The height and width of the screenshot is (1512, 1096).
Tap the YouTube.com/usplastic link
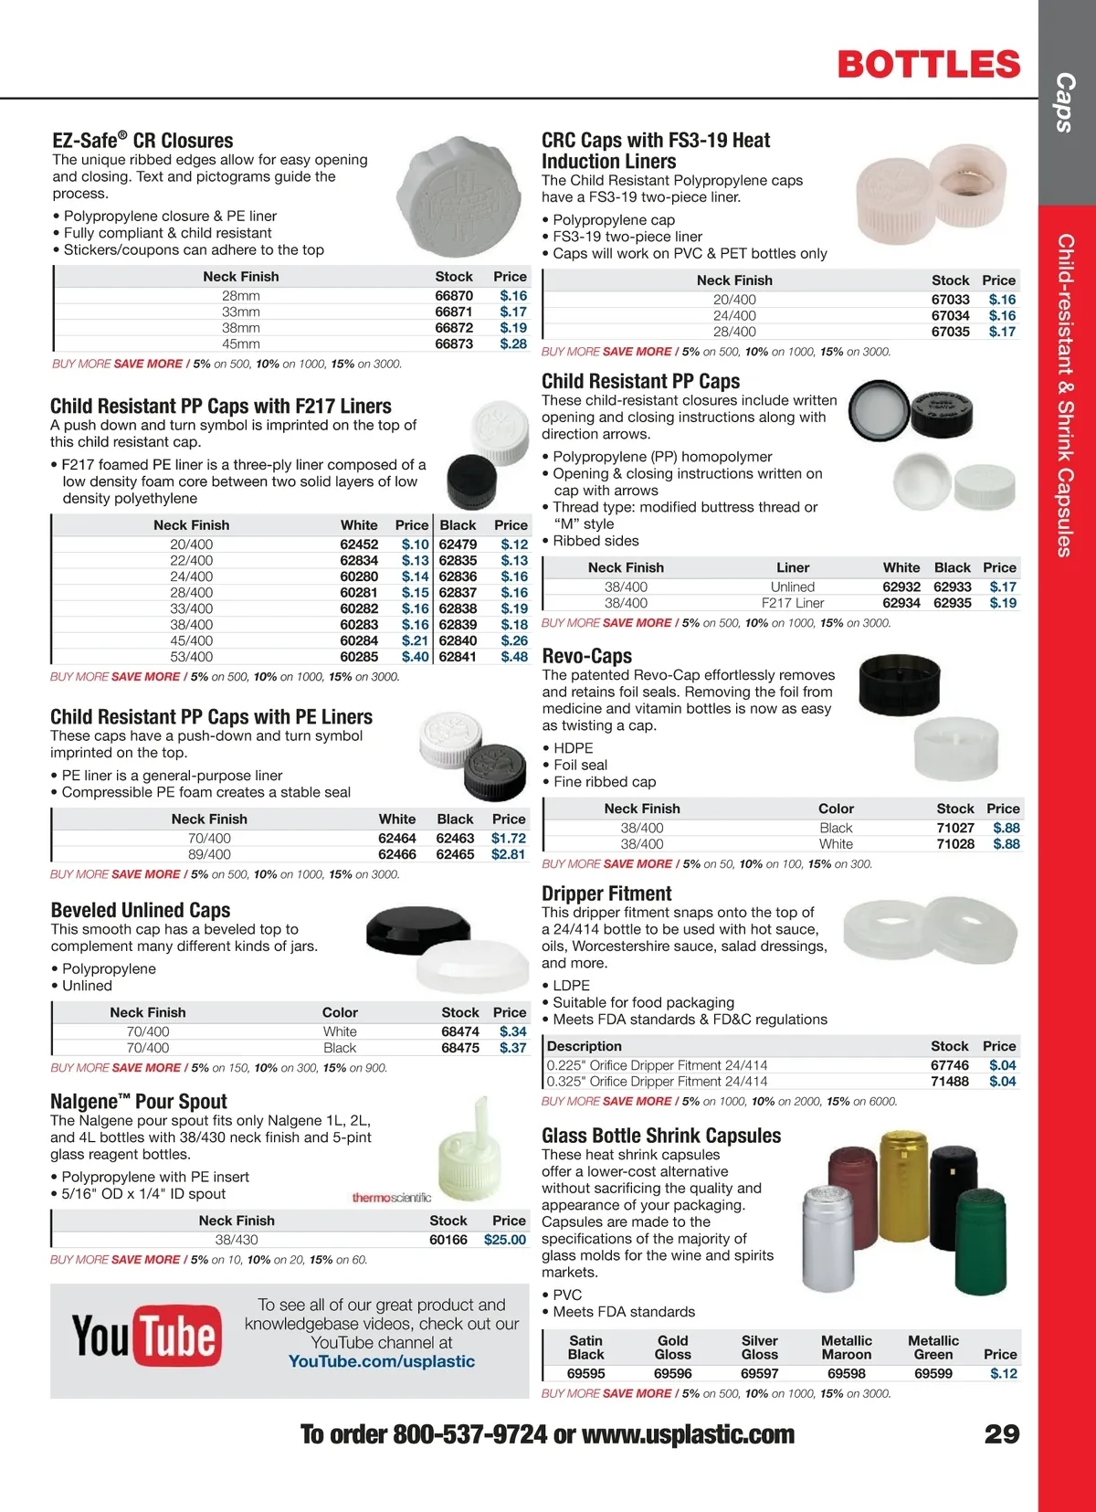pos(381,1361)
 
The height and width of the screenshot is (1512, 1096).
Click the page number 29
pos(1001,1433)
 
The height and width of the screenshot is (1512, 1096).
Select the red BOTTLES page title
pos(928,64)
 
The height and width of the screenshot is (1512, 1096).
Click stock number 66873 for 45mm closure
pos(454,344)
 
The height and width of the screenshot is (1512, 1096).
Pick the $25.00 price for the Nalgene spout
pos(505,1240)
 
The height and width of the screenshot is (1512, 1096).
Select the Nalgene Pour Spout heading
pos(139,1101)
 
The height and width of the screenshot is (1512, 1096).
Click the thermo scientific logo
pos(391,1197)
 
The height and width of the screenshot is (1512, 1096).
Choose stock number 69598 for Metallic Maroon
pos(846,1373)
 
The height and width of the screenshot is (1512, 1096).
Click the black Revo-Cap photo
pos(899,684)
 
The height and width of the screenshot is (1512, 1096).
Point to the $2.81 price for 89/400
pos(508,854)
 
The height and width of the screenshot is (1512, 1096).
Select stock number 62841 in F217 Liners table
pos(458,657)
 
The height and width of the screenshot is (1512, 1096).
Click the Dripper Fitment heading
pos(606,893)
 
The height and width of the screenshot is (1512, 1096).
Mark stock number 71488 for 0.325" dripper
pos(949,1082)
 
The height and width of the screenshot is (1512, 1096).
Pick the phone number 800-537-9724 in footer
pos(469,1434)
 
